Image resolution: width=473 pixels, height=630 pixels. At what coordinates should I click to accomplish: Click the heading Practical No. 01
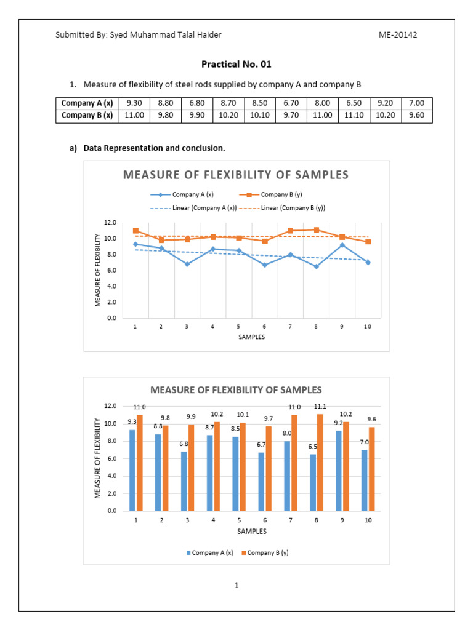click(x=236, y=64)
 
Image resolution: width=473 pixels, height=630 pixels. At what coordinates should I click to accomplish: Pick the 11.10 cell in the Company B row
click(x=354, y=116)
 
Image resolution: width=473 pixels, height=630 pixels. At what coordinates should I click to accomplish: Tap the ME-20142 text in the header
click(x=398, y=35)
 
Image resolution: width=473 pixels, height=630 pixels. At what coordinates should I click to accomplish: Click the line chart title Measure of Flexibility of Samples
click(x=236, y=175)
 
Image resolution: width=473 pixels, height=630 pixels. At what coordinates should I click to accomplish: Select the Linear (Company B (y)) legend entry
click(x=293, y=208)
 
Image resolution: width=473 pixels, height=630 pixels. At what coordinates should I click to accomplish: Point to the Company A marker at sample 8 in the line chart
click(x=315, y=266)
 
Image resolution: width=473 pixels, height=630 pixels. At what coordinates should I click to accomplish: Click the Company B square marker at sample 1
click(x=135, y=231)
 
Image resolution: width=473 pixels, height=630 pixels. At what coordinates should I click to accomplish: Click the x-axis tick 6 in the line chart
click(x=264, y=327)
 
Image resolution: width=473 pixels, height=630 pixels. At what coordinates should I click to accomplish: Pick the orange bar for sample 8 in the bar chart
click(x=320, y=462)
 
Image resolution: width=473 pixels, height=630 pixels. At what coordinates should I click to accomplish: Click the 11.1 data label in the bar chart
click(x=320, y=407)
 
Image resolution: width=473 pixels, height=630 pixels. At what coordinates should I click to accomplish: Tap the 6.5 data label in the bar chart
click(x=312, y=447)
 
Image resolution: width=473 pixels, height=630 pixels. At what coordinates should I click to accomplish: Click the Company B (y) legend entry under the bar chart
click(x=268, y=553)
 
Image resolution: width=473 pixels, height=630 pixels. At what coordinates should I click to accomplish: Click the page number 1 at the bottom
click(x=236, y=585)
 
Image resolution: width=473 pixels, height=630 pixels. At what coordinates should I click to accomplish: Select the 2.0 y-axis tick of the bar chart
click(x=111, y=493)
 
